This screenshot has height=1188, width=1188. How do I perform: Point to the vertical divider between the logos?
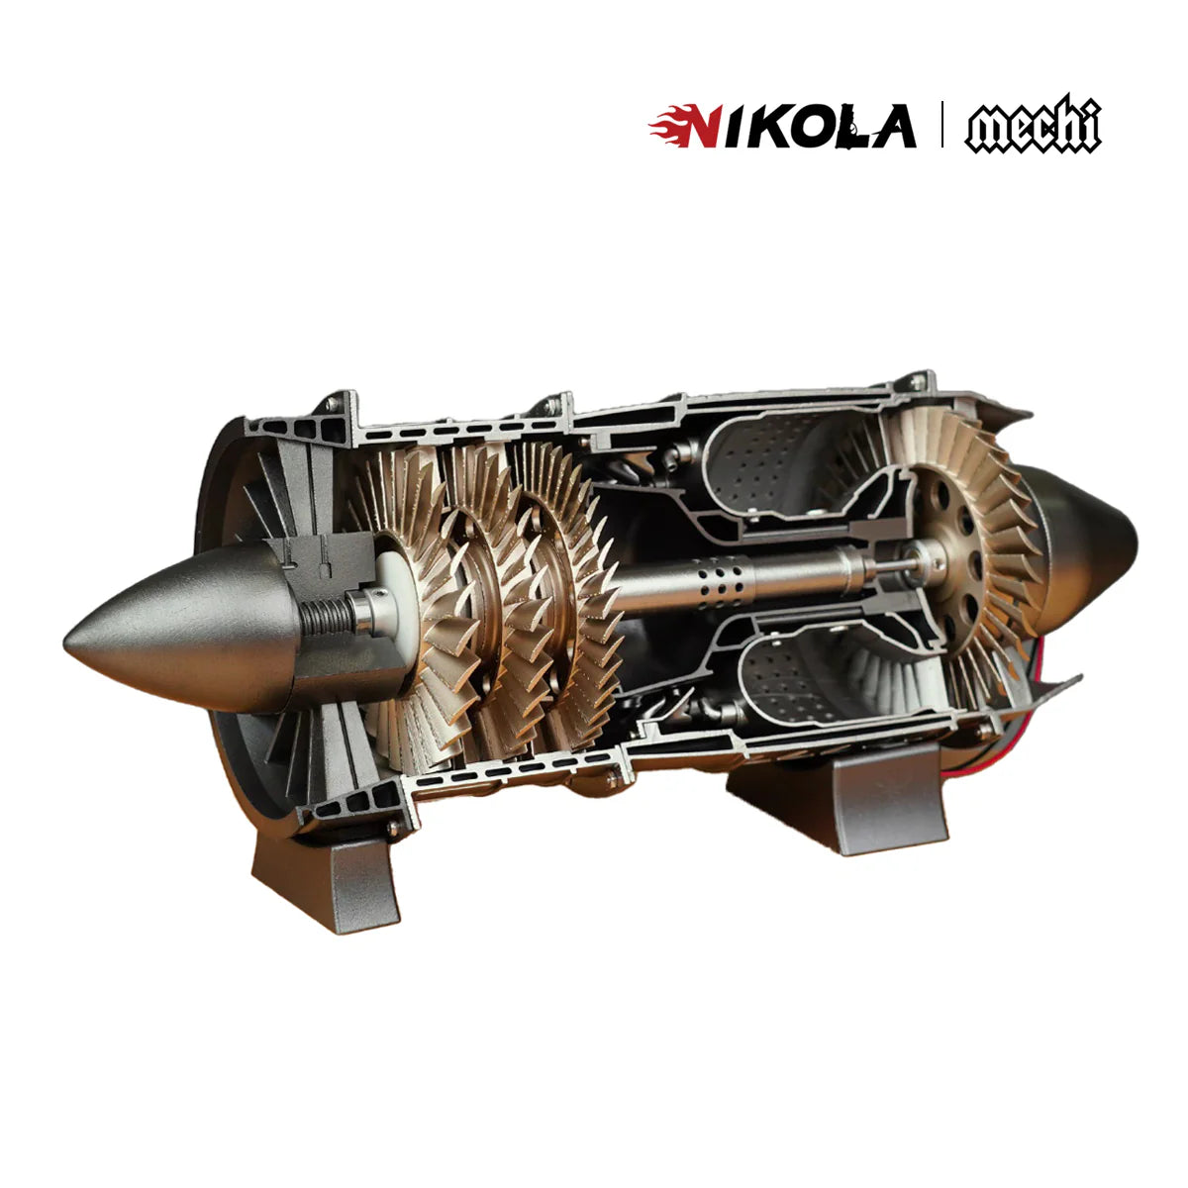coord(940,125)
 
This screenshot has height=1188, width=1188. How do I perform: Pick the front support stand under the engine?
coord(327,881)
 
